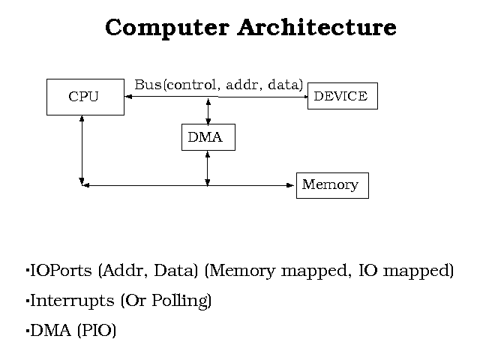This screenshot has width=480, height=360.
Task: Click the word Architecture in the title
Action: [316, 28]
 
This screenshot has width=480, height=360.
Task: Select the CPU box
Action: [85, 97]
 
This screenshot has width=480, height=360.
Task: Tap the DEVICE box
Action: [342, 96]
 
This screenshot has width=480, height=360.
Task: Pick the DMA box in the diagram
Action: [208, 137]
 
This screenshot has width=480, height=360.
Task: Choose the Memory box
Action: [332, 184]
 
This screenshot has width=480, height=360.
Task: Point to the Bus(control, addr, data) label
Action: [218, 85]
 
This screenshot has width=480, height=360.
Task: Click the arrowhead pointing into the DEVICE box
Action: [305, 97]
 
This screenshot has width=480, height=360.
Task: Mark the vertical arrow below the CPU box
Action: [82, 150]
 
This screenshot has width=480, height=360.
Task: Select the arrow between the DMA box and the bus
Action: [208, 110]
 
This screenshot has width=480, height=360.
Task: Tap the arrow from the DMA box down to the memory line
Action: [208, 167]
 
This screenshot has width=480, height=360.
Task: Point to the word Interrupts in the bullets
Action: [72, 301]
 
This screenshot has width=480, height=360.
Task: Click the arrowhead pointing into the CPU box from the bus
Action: [128, 97]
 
